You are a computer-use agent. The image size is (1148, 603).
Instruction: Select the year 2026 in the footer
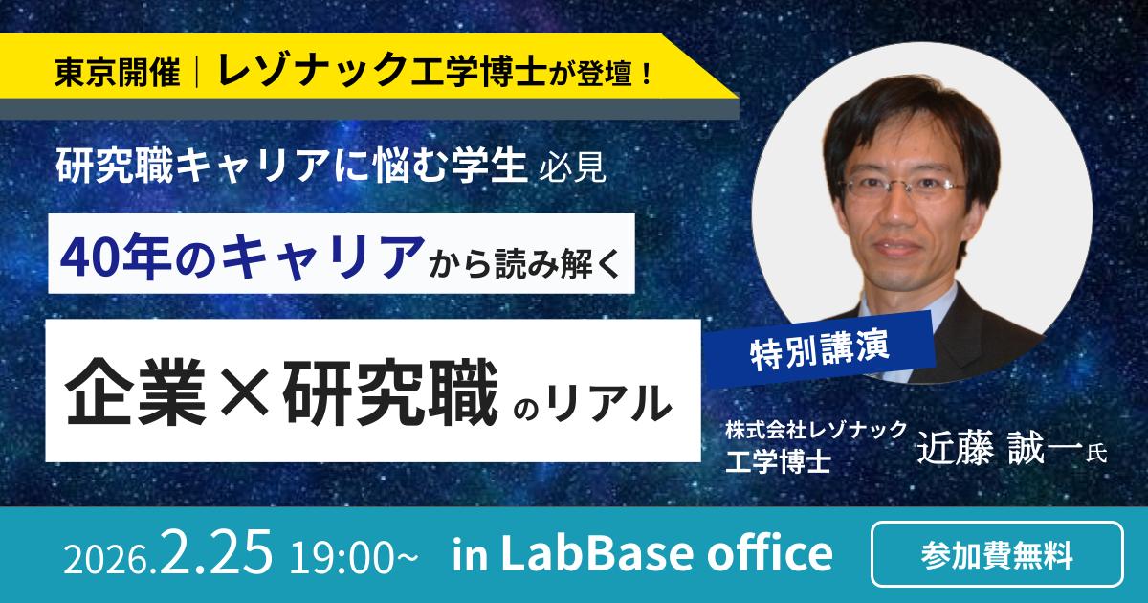point(99,557)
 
